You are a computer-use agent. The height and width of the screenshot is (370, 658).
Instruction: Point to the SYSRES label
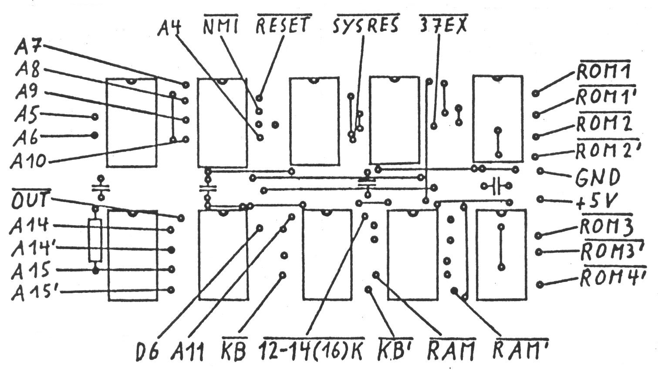(366, 26)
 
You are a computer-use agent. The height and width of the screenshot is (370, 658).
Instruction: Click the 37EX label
(442, 26)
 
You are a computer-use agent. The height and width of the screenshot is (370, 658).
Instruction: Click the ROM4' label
(612, 277)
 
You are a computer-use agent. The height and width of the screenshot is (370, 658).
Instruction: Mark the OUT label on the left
(31, 201)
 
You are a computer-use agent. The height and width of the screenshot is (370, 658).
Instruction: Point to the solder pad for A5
(95, 117)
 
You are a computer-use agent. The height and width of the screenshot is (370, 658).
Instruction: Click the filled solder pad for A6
(94, 135)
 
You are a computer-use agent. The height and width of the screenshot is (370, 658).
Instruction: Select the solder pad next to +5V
(540, 199)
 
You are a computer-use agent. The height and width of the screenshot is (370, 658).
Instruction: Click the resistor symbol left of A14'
(95, 241)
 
